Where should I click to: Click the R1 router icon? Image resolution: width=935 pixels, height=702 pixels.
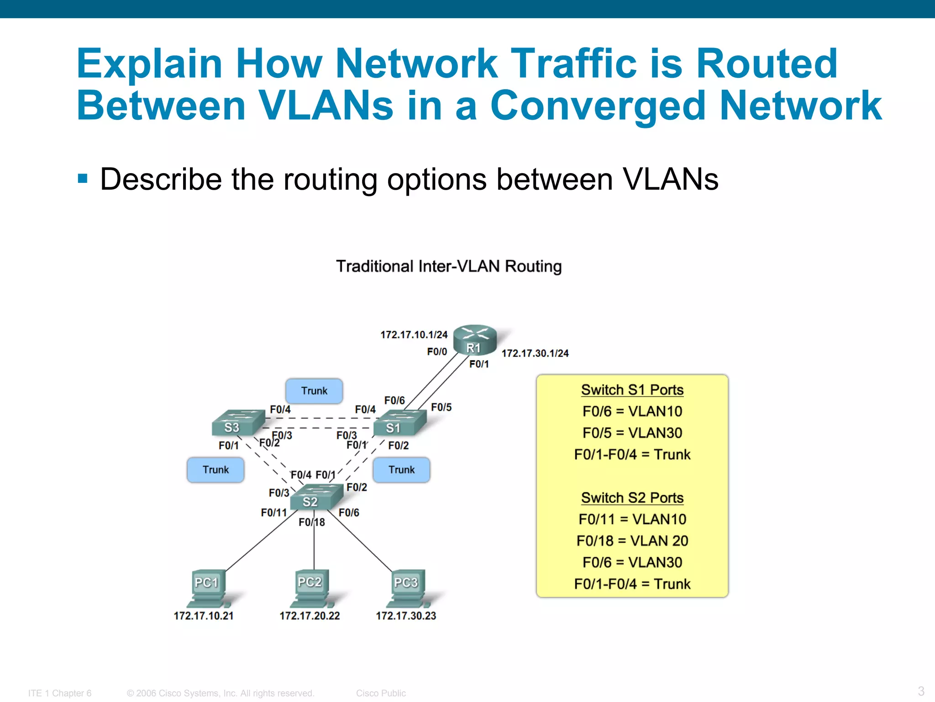point(475,340)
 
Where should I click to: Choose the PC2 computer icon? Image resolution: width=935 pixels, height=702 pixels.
point(312,587)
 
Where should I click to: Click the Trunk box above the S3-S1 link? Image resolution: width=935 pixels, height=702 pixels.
point(314,391)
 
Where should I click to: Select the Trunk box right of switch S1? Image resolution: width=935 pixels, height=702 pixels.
point(401,470)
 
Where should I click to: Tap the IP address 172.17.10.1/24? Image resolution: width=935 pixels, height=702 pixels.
point(414,335)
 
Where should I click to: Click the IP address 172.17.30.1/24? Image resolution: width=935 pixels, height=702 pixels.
point(535,353)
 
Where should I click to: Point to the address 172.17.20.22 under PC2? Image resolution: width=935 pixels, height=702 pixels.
point(310,616)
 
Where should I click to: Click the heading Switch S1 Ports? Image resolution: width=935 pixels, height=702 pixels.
point(632,390)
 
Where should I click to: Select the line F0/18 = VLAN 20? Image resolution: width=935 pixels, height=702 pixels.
point(632,541)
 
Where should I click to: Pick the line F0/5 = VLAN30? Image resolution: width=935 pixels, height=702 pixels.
point(632,433)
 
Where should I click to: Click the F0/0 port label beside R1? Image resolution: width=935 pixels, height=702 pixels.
point(437,351)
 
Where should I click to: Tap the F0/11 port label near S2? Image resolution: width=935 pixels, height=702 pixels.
point(273,513)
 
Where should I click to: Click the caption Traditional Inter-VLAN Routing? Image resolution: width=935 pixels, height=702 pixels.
point(449,266)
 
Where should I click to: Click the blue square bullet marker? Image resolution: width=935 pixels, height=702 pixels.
point(83,178)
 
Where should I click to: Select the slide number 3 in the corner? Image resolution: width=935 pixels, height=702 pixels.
point(921,691)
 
